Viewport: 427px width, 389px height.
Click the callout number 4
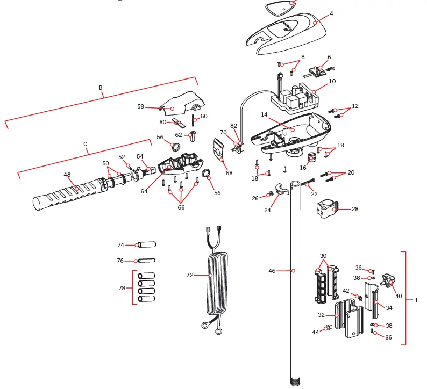331,13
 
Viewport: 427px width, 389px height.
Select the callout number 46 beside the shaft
272,271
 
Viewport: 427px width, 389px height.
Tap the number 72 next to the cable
190,275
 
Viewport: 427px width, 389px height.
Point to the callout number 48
67,175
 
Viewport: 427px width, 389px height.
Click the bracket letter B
101,88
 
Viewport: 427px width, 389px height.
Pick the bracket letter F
417,300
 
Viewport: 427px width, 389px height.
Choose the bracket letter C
86,144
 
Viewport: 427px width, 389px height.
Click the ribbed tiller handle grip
67,191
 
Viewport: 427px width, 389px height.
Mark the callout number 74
120,245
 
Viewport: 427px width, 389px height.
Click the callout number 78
122,288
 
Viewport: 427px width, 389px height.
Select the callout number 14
265,114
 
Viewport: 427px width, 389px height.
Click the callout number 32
321,315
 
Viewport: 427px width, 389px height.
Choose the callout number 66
181,207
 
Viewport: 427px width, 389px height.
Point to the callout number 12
355,106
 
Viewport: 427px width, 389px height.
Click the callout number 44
316,332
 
